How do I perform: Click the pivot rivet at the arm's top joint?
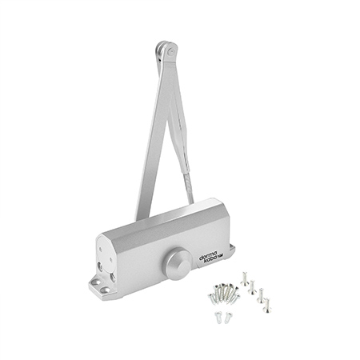click(171, 52)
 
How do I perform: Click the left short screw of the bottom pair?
click(218, 318)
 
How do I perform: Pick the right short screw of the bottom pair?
click(228, 318)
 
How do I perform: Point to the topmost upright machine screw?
click(244, 278)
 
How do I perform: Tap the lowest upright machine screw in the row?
click(267, 306)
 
